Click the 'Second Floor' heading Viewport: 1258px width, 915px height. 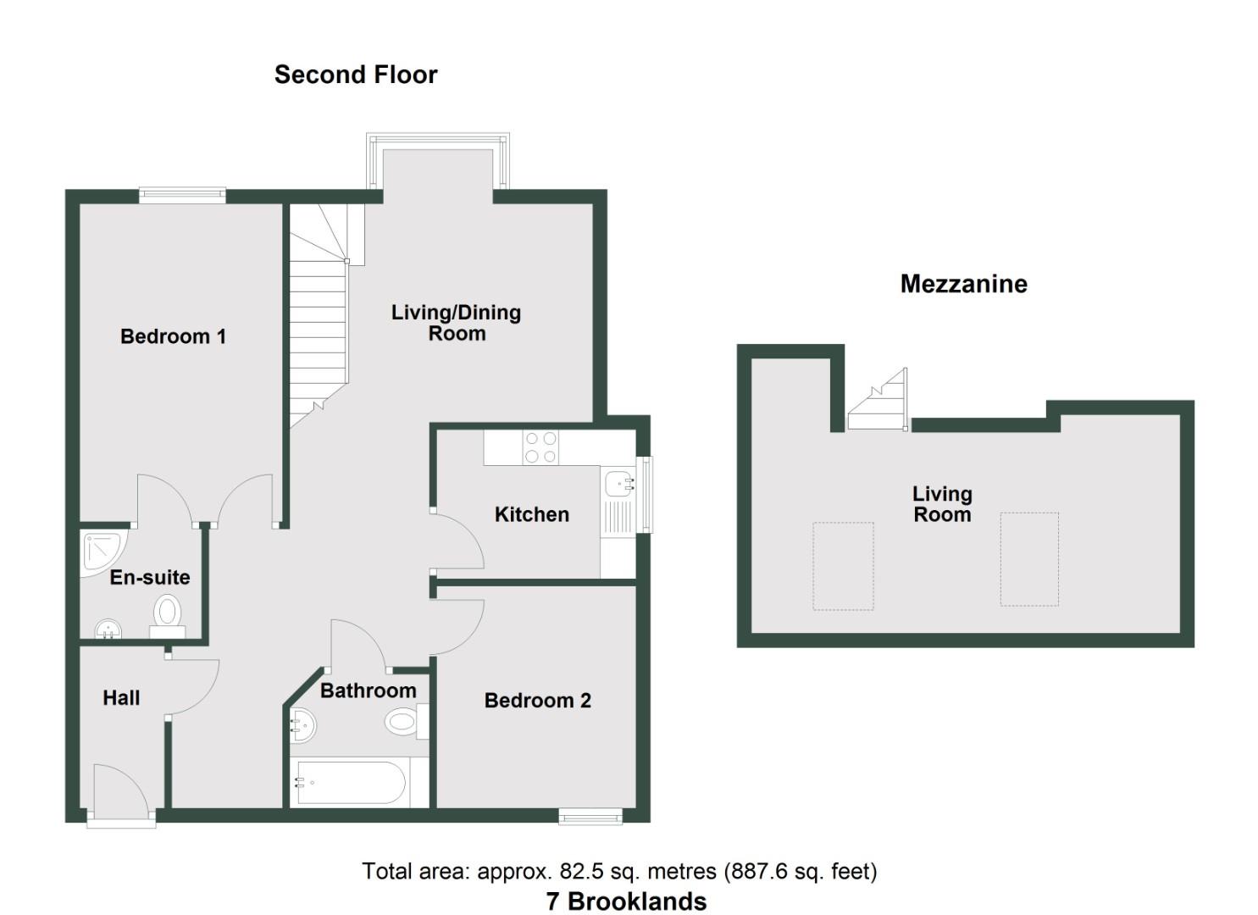click(356, 75)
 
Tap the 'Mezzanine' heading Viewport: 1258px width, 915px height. click(963, 284)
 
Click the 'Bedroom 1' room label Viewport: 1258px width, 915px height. click(173, 336)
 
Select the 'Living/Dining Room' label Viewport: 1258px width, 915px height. click(456, 323)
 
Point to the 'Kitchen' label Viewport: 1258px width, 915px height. click(531, 514)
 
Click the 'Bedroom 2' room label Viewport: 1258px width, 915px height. click(537, 701)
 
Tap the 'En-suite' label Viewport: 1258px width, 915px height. click(150, 578)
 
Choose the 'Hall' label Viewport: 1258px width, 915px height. click(121, 698)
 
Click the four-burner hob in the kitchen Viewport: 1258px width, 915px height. click(540, 447)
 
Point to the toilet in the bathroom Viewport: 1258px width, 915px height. click(405, 723)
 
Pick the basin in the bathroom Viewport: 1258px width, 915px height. click(302, 725)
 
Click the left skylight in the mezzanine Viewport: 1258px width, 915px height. click(843, 566)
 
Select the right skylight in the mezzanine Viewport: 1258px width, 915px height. click(1029, 559)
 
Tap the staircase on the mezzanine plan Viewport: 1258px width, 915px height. click(878, 402)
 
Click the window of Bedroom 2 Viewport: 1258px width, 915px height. click(590, 816)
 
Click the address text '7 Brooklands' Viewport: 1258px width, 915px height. click(626, 901)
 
